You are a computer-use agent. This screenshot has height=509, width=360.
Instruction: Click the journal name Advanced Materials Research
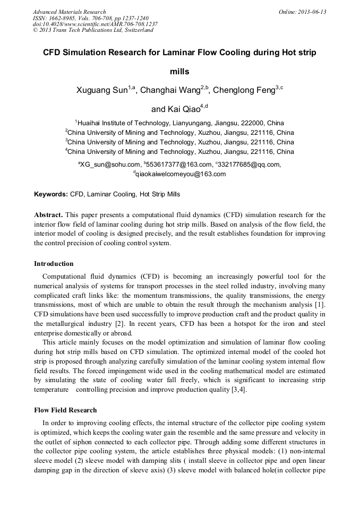pyautogui.click(x=69, y=12)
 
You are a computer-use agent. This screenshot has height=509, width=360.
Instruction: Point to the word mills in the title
pyautogui.click(x=179, y=71)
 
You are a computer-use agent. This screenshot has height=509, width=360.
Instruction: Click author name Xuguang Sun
pyautogui.click(x=102, y=90)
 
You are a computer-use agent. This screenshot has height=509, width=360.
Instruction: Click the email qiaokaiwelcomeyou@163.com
pyautogui.click(x=181, y=174)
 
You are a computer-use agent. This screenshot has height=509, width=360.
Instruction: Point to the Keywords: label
pyautogui.click(x=51, y=194)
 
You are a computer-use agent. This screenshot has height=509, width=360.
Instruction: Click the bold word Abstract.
pyautogui.click(x=48, y=215)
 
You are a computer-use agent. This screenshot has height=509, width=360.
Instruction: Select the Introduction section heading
pyautogui.click(x=54, y=264)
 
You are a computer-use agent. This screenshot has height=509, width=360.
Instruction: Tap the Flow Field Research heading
pyautogui.click(x=65, y=410)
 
